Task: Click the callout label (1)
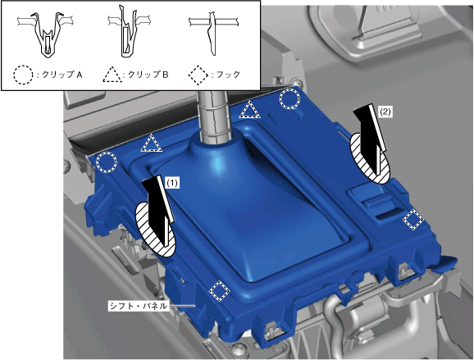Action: tap(172, 183)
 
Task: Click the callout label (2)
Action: tap(385, 112)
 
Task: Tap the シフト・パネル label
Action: tap(138, 306)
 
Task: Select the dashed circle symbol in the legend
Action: tap(23, 75)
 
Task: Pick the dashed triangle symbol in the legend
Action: tap(112, 75)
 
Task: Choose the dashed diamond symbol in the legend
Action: tap(198, 75)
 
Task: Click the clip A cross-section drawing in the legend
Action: tap(46, 34)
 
